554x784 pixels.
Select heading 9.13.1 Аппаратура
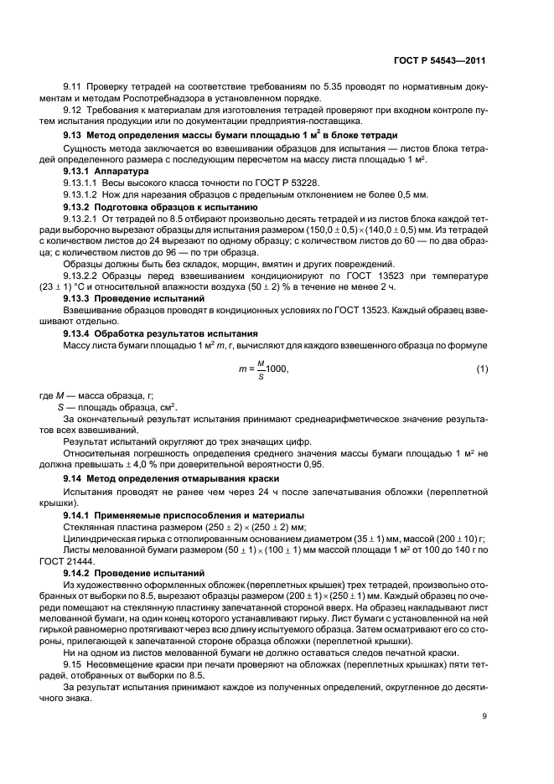pos(101,170)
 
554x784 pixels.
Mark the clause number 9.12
pos(73,111)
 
